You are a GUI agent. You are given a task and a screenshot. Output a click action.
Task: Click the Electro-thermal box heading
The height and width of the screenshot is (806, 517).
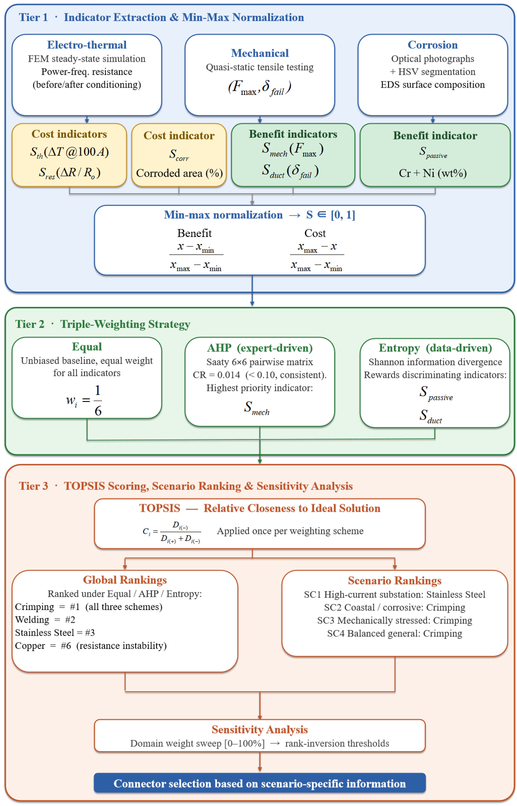point(87,45)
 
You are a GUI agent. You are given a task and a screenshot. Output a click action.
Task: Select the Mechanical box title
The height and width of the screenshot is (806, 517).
point(260,53)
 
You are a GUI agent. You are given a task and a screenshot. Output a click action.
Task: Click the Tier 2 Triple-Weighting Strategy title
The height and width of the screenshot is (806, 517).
point(103,324)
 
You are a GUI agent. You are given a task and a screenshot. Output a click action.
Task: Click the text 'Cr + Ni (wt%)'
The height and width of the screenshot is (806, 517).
point(433,173)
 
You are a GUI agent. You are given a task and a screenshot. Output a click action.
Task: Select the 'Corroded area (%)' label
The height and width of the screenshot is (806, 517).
point(179,173)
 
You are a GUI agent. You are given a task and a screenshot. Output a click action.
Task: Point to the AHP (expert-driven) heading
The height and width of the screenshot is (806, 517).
point(260,348)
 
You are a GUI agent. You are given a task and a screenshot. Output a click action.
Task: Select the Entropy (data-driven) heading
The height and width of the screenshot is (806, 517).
point(435,348)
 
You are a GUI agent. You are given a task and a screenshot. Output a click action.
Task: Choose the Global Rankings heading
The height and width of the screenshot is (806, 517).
point(125,580)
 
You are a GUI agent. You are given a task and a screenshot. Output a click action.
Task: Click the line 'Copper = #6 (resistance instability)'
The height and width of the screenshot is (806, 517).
point(91,646)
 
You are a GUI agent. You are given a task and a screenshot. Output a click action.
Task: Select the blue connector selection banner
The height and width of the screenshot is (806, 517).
point(260,783)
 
